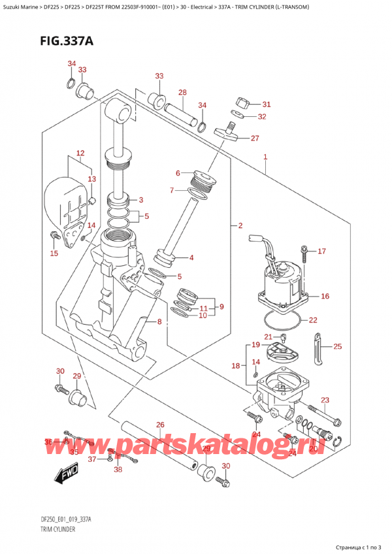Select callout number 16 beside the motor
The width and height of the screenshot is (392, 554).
[325, 296]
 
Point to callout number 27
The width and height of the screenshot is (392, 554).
[255, 138]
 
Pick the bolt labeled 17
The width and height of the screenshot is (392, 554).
[304, 252]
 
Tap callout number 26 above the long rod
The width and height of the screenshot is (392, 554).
[160, 425]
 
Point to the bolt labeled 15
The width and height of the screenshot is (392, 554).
[54, 236]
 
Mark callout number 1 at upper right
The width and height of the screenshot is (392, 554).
[265, 157]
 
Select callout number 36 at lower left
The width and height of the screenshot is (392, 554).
[48, 442]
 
